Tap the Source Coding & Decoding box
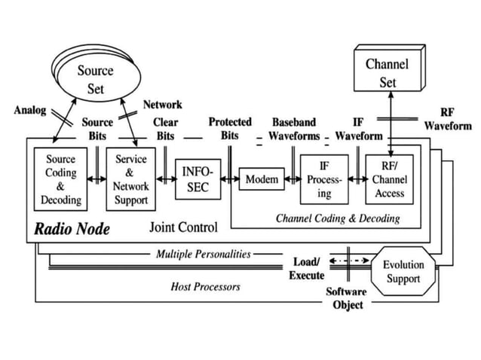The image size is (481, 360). (61, 181)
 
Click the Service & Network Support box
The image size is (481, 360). (131, 181)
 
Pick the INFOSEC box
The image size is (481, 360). (197, 179)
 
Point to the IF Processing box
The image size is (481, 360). (324, 181)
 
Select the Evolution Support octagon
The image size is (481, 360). (403, 272)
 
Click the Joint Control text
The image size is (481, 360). (183, 227)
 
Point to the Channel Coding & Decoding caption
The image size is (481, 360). (337, 218)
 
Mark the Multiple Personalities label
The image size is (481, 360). (203, 254)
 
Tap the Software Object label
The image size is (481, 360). (347, 298)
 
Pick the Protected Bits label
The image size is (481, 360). (230, 128)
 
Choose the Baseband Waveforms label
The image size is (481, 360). (294, 128)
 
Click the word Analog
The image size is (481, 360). (30, 110)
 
